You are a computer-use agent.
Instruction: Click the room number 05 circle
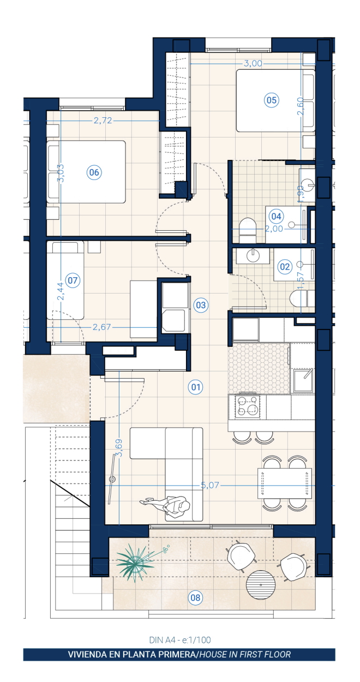[x=272, y=100]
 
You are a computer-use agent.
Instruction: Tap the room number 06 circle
[x=94, y=172]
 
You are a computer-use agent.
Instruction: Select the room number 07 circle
[x=73, y=280]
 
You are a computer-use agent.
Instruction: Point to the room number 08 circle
[x=195, y=597]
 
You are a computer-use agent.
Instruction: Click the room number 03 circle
[x=201, y=305]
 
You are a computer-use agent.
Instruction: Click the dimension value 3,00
[x=253, y=63]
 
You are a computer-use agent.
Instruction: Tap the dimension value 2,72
[x=103, y=121]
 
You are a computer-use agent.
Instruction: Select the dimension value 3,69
[x=119, y=447]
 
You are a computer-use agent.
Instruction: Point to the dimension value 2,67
[x=102, y=327]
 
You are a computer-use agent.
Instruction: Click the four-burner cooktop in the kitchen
[x=248, y=406]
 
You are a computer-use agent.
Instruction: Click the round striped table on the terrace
[x=261, y=585]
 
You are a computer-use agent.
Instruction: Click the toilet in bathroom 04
[x=248, y=230]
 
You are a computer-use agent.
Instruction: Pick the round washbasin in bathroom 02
[x=253, y=255]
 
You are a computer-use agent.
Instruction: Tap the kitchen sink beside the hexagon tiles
[x=303, y=380]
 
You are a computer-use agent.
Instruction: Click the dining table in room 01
[x=285, y=483]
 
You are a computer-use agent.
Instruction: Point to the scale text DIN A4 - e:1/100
[x=180, y=639]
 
